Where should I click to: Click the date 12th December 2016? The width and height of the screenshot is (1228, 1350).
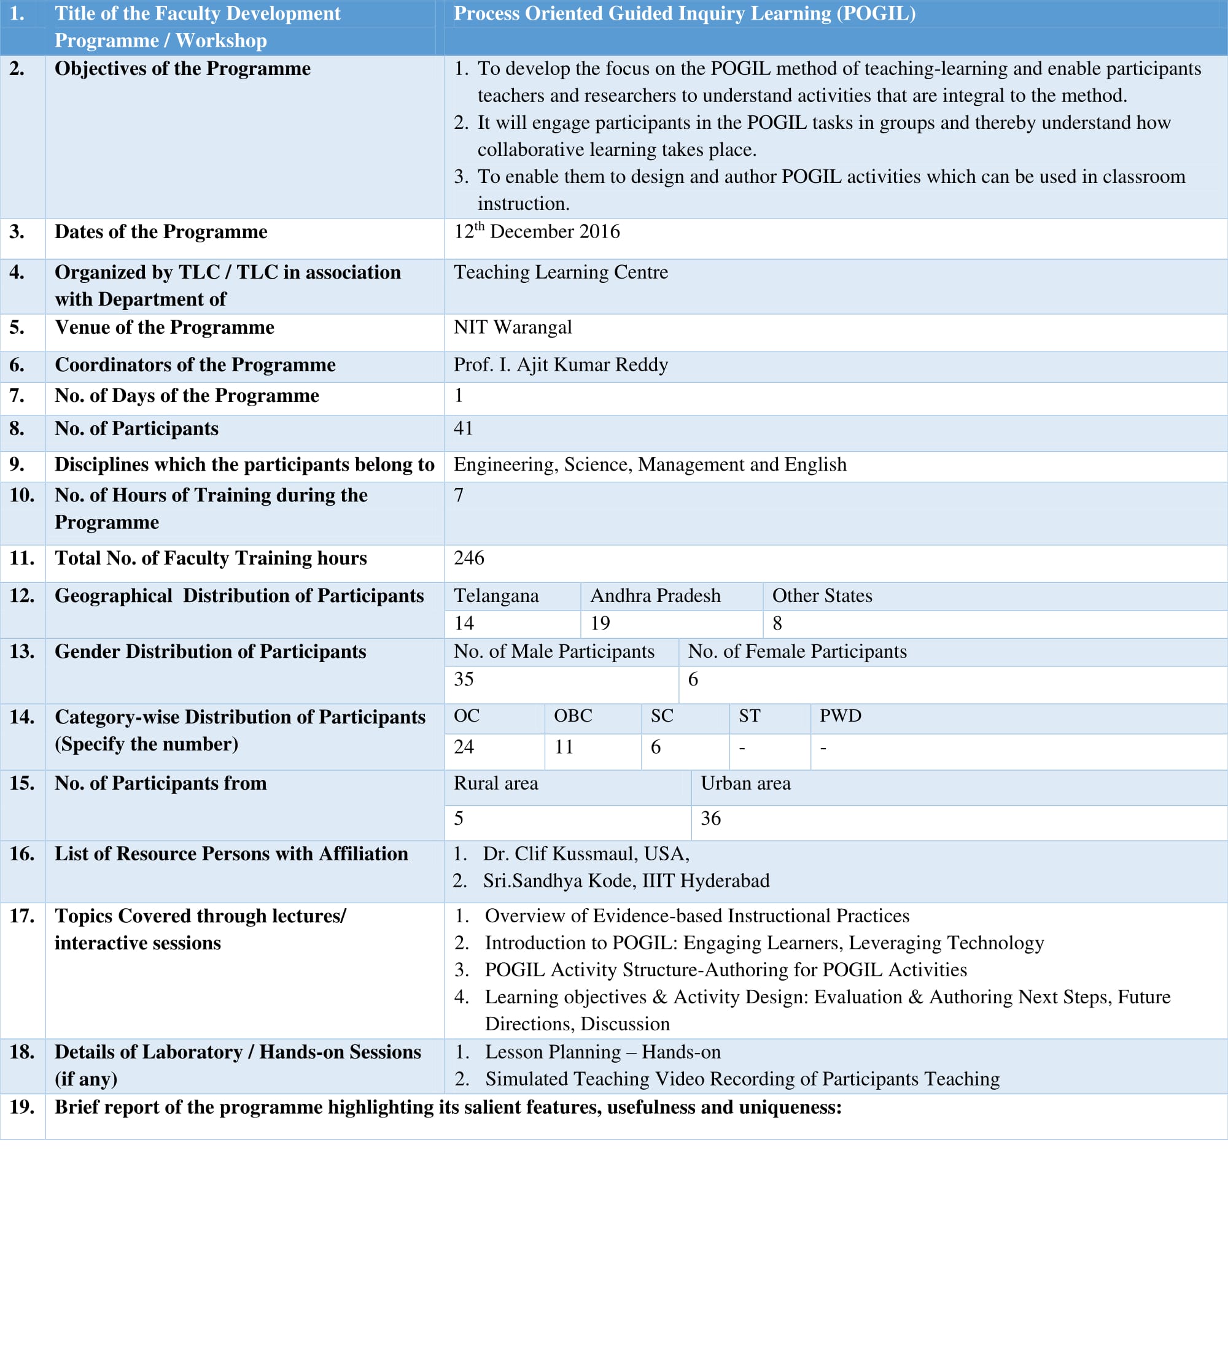[537, 232]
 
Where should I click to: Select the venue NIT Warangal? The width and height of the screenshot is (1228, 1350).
[513, 327]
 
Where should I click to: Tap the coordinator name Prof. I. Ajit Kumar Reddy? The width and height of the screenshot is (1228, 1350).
[561, 364]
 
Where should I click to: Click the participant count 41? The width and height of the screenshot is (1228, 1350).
[463, 428]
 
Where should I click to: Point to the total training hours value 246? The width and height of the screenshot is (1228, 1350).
[468, 558]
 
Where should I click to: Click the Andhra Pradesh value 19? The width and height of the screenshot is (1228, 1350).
[600, 623]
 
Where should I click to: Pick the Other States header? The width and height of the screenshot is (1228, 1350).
[822, 595]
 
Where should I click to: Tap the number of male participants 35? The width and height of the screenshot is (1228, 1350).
[464, 679]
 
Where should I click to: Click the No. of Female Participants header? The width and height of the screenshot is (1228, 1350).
[797, 651]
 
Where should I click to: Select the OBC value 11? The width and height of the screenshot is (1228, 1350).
[564, 747]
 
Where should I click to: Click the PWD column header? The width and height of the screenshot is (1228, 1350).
[840, 716]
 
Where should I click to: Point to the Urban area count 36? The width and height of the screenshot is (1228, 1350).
[710, 819]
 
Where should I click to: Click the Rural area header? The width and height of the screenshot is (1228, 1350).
[495, 783]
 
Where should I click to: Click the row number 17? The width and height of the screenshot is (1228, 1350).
[22, 916]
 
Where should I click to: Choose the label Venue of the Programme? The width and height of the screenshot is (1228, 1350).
[164, 327]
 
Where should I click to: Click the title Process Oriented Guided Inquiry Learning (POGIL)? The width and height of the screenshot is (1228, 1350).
[684, 13]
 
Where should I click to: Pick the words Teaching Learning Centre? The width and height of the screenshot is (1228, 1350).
[561, 272]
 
